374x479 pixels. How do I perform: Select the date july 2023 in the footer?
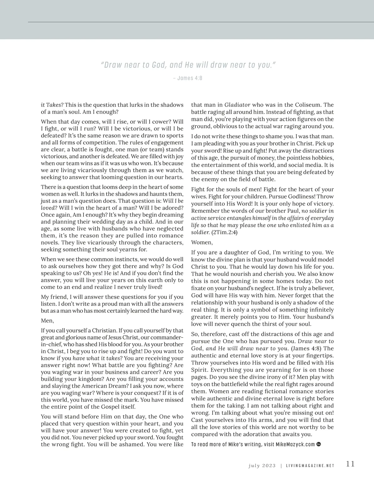262,466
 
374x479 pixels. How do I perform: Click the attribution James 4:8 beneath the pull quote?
187,78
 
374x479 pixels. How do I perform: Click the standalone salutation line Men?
47,320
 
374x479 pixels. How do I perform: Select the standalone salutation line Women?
202,242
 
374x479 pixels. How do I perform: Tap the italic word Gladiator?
237,105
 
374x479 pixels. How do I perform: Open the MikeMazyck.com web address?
295,444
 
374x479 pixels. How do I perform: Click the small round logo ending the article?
319,444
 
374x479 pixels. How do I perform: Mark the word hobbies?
322,158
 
